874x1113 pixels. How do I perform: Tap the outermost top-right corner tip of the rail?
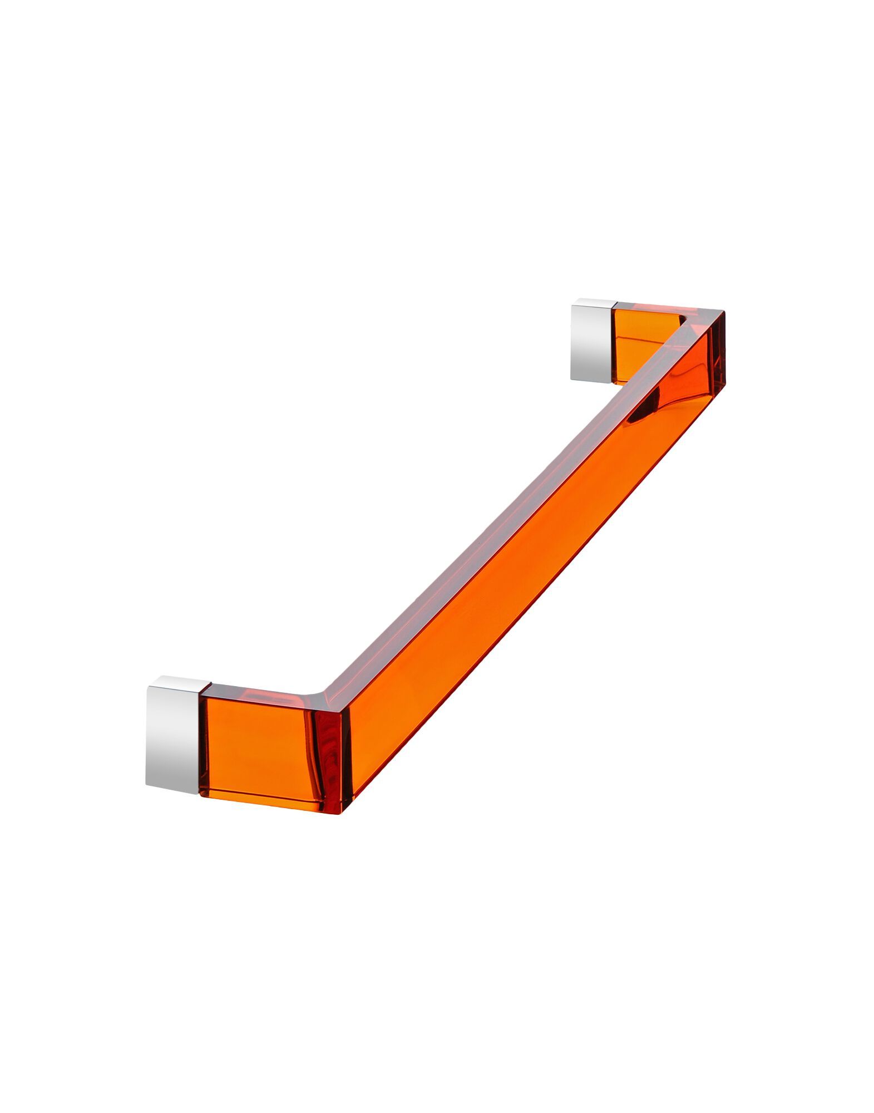(x=724, y=311)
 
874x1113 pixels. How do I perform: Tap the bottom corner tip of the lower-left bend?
(x=342, y=812)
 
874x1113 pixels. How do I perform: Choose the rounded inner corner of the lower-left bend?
(x=317, y=696)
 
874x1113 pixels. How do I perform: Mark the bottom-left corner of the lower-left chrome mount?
(x=147, y=785)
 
